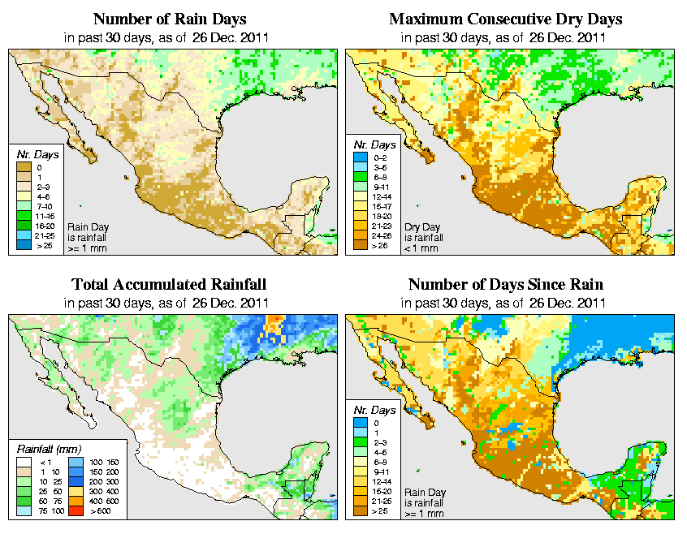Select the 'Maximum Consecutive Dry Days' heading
point(506,19)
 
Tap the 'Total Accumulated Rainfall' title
point(169,285)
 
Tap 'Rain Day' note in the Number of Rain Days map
point(83,226)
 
